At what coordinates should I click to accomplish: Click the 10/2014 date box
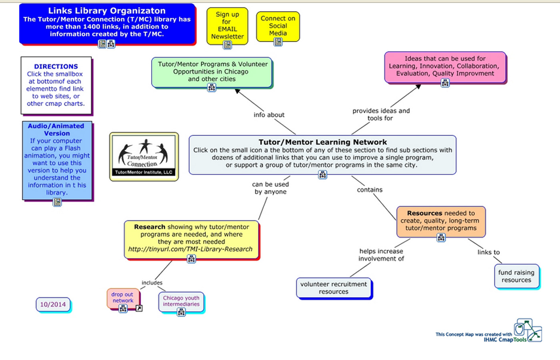click(x=53, y=304)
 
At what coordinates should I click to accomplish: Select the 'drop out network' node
click(x=122, y=298)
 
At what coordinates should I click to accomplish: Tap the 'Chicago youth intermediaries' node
click(x=181, y=301)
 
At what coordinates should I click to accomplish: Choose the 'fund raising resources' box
click(x=516, y=276)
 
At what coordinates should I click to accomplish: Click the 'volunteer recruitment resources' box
click(x=334, y=288)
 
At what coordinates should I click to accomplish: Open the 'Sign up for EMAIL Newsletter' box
click(x=227, y=25)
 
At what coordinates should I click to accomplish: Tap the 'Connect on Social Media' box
click(x=278, y=26)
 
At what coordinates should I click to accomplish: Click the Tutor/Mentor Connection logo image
click(x=144, y=156)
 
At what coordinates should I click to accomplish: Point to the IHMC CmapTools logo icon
click(x=528, y=330)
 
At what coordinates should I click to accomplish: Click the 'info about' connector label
click(x=269, y=115)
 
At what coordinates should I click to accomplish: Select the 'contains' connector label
click(x=370, y=190)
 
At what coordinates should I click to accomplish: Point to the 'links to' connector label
click(x=488, y=252)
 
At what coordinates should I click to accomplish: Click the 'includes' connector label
click(x=152, y=283)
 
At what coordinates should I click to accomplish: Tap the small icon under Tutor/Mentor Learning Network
click(x=322, y=175)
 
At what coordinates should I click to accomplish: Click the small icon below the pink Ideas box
click(x=445, y=83)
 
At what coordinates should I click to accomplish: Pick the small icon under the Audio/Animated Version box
click(x=57, y=202)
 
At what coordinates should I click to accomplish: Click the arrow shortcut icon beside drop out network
click(x=139, y=308)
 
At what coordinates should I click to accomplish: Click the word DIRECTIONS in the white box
click(x=56, y=66)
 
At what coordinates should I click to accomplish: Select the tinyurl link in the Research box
click(x=190, y=249)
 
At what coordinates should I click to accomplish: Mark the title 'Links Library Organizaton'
click(x=107, y=11)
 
